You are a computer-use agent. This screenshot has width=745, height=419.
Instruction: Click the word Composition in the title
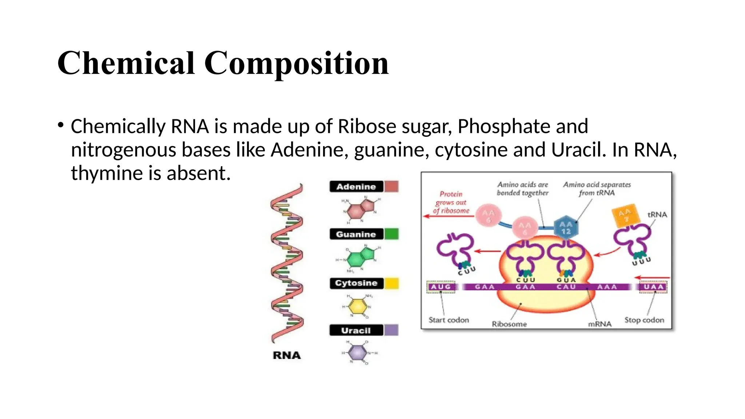pos(296,63)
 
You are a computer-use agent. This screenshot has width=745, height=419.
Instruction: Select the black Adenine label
pos(356,187)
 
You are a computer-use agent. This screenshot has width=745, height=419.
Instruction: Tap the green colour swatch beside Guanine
pos(391,234)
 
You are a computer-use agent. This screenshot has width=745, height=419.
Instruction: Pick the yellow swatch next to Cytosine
pos(391,283)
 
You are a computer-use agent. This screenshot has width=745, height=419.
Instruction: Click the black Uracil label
pos(356,330)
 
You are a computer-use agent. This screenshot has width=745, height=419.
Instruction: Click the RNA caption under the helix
pos(287,355)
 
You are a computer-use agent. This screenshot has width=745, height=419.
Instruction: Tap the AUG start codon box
pos(441,287)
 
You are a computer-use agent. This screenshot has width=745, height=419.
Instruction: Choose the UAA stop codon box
pos(654,287)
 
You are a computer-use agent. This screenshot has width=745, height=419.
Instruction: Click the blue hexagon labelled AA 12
pos(566,228)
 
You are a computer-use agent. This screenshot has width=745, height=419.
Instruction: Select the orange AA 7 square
pos(625,215)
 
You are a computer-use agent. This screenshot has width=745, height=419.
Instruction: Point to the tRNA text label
pos(657,215)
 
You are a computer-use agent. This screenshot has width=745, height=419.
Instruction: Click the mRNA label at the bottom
pos(599,324)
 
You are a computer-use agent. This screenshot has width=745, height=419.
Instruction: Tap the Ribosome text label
pos(509,324)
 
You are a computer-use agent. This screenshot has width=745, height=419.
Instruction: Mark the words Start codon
pos(449,320)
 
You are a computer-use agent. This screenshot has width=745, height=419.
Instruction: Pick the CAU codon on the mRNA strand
pos(566,287)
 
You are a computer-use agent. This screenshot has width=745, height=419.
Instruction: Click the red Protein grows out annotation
pos(451,202)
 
